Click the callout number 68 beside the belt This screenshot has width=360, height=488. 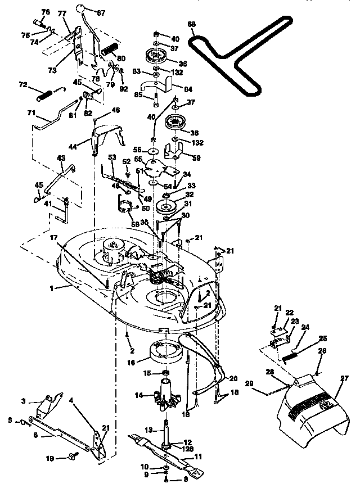[x=192, y=24]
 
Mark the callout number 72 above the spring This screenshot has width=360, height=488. [x=23, y=84]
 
